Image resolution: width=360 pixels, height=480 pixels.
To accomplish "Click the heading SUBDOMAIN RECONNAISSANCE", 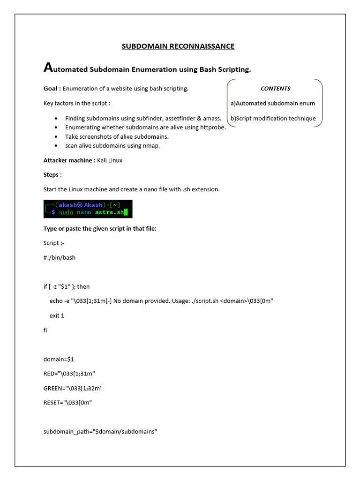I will pos(178,46).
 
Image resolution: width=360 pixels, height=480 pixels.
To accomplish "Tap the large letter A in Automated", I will pos(47,68).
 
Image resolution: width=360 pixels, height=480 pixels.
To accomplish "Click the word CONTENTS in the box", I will pos(275,88).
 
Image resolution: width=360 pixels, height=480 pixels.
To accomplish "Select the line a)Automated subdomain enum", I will pos(272,103).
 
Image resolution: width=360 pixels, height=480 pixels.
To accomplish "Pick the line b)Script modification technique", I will pos(273,118).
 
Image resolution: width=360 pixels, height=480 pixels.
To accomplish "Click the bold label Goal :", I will pos(52,88).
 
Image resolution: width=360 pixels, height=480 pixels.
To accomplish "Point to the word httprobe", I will pos(214,127).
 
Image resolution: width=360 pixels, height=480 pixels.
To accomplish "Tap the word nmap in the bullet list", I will pos(151,145).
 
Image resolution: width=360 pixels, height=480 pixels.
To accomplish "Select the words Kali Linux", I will pos(110,160).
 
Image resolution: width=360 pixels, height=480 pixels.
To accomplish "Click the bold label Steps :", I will pos(52,174).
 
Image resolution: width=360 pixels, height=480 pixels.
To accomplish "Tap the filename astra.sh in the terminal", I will pos(110,212).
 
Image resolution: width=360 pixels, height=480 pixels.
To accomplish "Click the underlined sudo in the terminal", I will pos(66,212).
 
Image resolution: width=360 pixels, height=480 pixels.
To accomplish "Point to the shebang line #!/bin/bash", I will pos(59,257).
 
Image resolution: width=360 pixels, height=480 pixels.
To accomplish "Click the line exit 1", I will pos(57,315).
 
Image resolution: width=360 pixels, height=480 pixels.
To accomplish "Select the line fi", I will pos(45,330).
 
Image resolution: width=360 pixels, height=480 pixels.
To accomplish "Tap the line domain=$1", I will pos(59,359).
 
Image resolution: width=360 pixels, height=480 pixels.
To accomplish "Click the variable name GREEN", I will pos(53,388).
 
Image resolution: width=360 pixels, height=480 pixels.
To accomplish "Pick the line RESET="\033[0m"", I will pos(67,403).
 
